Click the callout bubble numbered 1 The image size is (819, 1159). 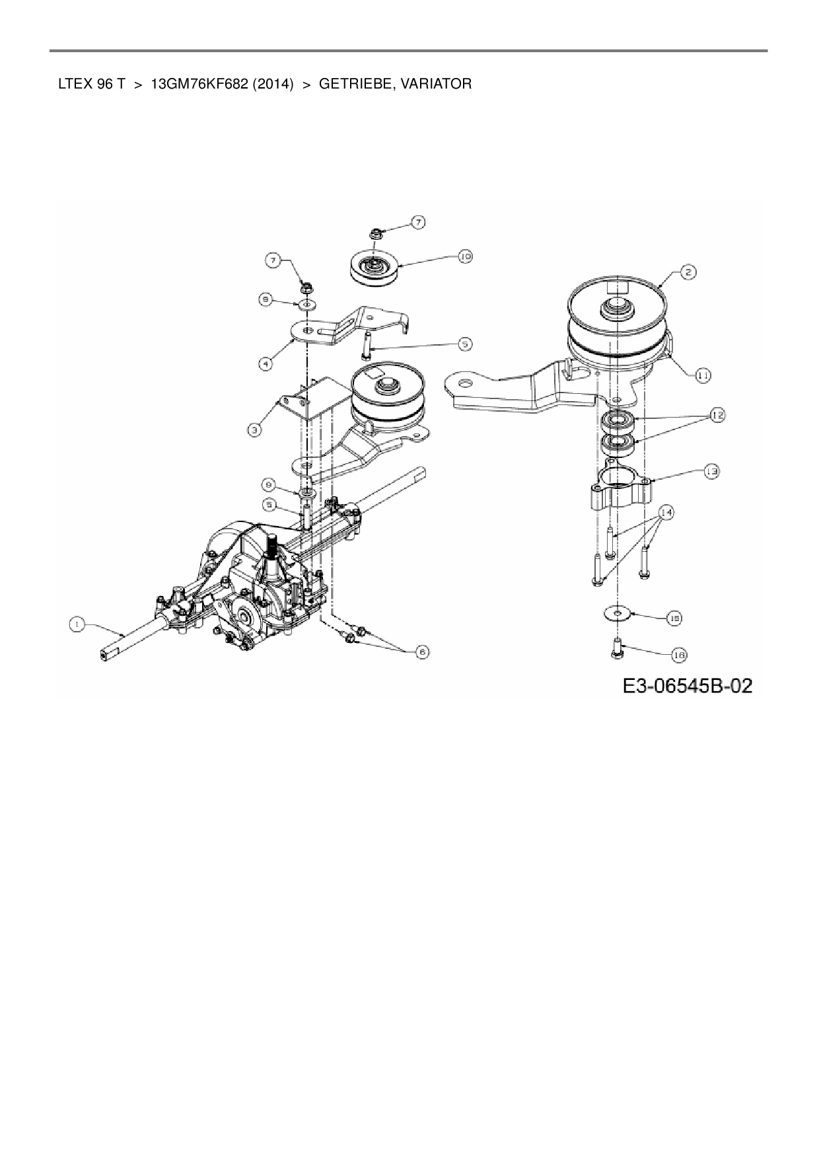(x=77, y=623)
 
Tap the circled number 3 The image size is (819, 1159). (x=254, y=430)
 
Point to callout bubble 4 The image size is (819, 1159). (x=265, y=363)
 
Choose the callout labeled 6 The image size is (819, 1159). (x=422, y=652)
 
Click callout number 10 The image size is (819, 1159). (x=465, y=256)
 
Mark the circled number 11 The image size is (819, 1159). (x=703, y=375)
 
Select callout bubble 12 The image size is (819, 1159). (x=717, y=416)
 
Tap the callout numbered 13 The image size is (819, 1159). (x=711, y=472)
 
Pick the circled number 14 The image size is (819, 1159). (x=665, y=512)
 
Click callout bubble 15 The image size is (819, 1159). (x=674, y=618)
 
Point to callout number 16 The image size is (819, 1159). (x=679, y=655)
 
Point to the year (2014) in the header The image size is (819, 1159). (x=273, y=85)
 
